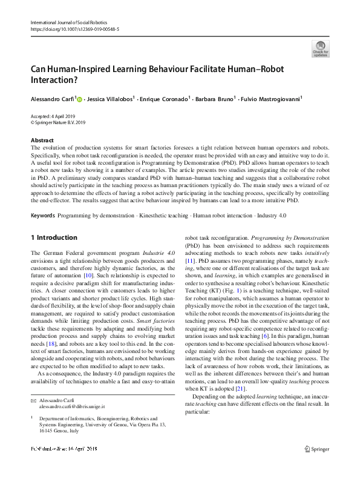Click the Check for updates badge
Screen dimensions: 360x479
point(320,48)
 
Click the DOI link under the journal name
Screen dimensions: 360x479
point(74,28)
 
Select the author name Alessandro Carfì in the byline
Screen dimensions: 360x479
point(53,99)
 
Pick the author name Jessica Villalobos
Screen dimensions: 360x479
point(111,99)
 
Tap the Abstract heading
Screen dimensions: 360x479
point(42,140)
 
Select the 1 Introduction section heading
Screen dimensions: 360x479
point(54,237)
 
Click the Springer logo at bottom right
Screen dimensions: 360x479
point(317,466)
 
